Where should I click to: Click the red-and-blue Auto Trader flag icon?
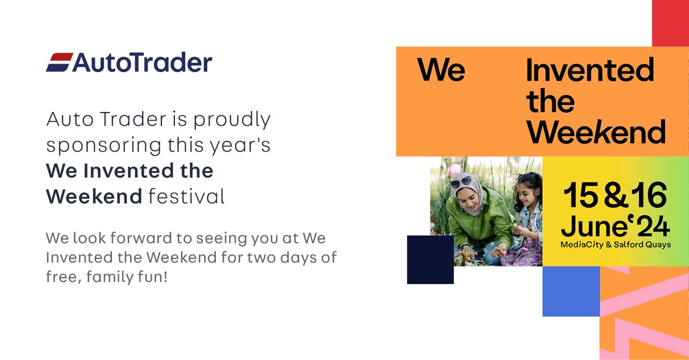tap(59, 62)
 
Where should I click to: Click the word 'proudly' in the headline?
tap(232, 120)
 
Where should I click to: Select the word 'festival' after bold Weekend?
tap(186, 196)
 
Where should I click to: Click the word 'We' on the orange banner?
tap(441, 70)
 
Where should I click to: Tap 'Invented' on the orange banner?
tap(590, 70)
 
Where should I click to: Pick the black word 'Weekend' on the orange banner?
tap(596, 131)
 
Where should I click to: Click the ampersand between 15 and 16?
tap(615, 196)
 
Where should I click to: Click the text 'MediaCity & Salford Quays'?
tap(616, 245)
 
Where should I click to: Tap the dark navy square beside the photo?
tap(430, 259)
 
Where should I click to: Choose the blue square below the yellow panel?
tap(571, 291)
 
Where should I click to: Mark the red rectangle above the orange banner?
tap(670, 23)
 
